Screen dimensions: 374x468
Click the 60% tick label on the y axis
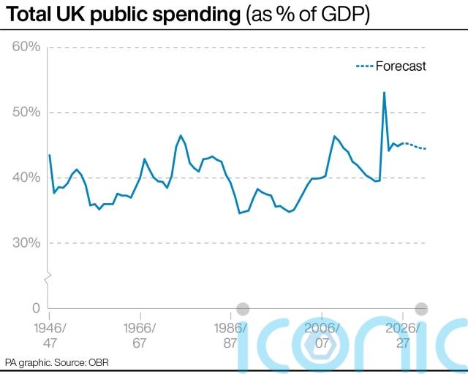(x=26, y=47)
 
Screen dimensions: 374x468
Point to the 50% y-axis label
(x=26, y=112)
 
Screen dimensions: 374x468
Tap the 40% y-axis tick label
(x=26, y=178)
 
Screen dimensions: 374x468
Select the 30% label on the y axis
(x=26, y=243)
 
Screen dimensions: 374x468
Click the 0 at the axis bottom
(x=34, y=308)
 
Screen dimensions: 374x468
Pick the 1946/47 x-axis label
(x=49, y=335)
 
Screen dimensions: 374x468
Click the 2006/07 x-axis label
(x=322, y=335)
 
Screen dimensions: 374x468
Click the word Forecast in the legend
(x=401, y=66)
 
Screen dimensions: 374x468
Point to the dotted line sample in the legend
(x=364, y=66)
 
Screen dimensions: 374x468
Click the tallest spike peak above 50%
(x=384, y=93)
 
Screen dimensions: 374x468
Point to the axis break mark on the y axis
(x=48, y=277)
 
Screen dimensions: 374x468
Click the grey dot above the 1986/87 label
(x=243, y=308)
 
